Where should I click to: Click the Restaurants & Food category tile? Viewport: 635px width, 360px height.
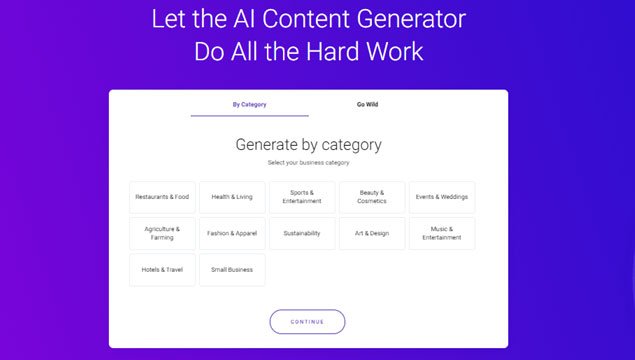(162, 197)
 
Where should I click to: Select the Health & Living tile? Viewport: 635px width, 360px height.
(232, 197)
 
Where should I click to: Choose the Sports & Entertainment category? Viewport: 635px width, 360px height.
(302, 197)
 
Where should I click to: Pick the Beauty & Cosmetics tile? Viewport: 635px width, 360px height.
(372, 197)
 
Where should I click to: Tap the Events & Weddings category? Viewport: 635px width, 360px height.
(442, 197)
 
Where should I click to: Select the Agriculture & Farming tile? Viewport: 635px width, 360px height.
(162, 233)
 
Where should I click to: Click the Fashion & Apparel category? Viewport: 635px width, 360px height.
(232, 233)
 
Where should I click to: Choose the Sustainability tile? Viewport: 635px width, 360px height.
(302, 233)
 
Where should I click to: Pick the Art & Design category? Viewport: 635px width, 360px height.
(372, 233)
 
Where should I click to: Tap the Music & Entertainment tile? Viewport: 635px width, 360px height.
(442, 233)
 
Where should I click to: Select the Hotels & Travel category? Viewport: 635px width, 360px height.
(162, 270)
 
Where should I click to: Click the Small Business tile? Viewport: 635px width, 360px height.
(232, 270)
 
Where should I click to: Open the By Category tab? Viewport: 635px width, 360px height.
(249, 104)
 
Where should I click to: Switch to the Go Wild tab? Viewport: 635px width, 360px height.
(367, 104)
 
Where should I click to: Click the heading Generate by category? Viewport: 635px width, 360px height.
(309, 145)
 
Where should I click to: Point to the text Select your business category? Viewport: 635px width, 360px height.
(309, 163)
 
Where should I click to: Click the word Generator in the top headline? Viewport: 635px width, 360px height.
(411, 19)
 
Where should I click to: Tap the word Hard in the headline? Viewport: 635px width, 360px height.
(332, 51)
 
